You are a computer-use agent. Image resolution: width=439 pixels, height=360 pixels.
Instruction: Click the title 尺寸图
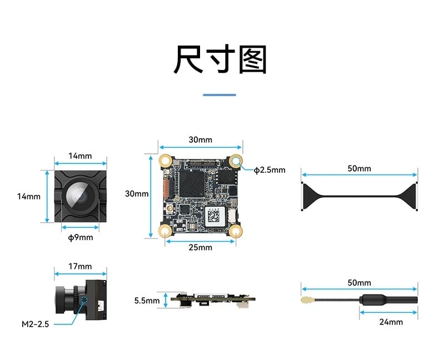coord(220,59)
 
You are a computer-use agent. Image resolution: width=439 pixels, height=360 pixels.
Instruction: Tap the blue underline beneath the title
coord(219,95)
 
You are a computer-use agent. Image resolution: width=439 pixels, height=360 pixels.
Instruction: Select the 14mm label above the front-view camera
coord(81,156)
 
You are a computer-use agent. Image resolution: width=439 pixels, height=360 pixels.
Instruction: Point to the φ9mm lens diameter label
coord(81,238)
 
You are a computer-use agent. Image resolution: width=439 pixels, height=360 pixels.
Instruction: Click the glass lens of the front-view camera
coord(81,196)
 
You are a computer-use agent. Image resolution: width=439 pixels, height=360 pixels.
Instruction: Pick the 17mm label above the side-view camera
coord(81,266)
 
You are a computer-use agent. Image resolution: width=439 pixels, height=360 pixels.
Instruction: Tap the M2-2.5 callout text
coord(35,324)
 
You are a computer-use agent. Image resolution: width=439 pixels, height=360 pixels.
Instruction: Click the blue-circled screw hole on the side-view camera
coord(84,301)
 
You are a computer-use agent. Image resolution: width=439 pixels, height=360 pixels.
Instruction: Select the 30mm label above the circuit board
coord(201,139)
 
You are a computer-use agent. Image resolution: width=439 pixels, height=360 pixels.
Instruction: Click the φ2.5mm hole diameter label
coord(270,170)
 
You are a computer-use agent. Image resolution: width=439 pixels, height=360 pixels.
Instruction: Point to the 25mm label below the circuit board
coord(201,247)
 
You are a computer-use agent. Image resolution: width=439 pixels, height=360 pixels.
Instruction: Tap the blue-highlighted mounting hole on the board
coord(236,161)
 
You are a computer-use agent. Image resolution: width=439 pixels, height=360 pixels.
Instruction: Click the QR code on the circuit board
coord(214,216)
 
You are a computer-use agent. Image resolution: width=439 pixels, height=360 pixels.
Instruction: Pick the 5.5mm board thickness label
coord(147,301)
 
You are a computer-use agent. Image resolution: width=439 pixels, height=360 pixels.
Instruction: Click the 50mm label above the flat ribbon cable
coord(360,168)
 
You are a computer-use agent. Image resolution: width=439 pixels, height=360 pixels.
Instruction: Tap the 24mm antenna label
coord(391,322)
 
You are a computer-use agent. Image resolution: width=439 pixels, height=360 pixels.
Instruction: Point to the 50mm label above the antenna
coord(360,283)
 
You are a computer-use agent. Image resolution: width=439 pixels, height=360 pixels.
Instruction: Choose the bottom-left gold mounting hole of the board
coord(166,232)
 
